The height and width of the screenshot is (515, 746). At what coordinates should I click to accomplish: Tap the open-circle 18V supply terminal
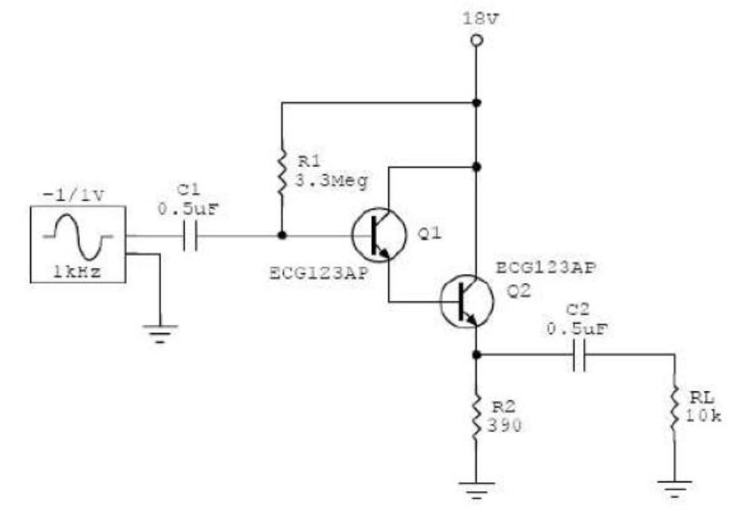point(476,40)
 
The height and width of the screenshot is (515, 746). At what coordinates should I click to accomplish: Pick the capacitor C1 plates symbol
point(190,236)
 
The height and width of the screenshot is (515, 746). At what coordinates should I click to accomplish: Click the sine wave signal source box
point(78,243)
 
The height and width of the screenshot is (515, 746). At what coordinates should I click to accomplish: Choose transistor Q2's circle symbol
point(466,301)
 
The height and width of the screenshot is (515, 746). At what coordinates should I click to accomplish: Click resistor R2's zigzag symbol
point(476,415)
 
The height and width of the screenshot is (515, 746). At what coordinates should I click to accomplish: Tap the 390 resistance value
point(505,426)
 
